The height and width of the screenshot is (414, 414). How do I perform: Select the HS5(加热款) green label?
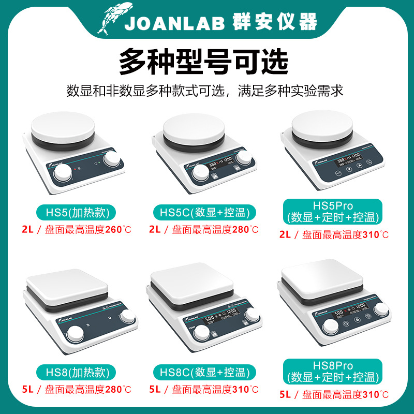[76, 212]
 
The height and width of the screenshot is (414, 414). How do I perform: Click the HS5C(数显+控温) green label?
[206, 212]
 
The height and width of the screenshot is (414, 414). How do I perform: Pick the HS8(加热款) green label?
[76, 372]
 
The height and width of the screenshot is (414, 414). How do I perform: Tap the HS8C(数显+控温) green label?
[206, 372]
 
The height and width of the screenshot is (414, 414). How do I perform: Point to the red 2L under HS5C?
[155, 229]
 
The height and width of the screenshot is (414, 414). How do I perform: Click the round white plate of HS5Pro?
[324, 127]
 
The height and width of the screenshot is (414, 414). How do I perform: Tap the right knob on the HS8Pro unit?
[382, 309]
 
